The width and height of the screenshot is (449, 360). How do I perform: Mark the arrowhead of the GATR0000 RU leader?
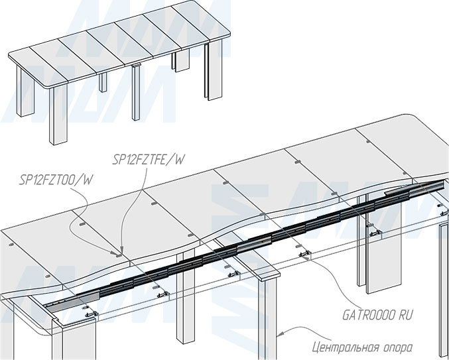306,253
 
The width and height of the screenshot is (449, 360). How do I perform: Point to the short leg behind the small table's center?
180,61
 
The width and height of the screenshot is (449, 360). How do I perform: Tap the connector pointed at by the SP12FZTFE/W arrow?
118,252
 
